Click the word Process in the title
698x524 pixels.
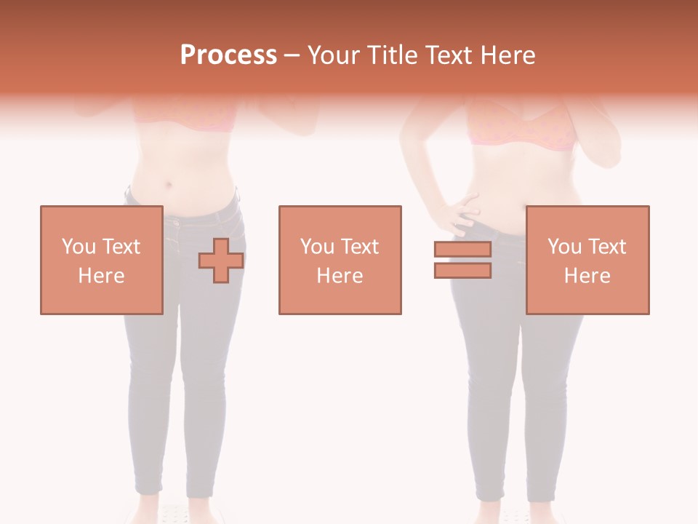click(228, 55)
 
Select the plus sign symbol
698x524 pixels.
click(220, 261)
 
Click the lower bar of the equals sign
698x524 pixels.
click(462, 270)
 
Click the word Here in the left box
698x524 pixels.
click(101, 276)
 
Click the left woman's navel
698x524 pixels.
click(170, 183)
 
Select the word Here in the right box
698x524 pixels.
click(587, 276)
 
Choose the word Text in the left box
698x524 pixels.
click(121, 247)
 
